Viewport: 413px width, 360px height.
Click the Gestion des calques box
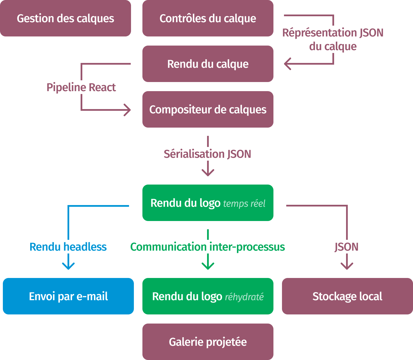(65, 18)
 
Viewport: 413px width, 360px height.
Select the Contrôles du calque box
(208, 18)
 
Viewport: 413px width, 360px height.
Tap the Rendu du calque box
(208, 64)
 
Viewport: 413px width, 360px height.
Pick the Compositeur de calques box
(208, 109)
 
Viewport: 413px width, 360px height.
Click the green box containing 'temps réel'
(208, 203)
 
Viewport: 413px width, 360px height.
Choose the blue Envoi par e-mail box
(68, 296)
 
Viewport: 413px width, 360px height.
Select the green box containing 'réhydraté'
(208, 296)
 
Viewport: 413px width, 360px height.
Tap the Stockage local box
(347, 296)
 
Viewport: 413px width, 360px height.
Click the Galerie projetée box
(208, 342)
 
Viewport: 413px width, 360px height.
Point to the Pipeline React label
(81, 87)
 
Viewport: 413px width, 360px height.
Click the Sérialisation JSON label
(208, 154)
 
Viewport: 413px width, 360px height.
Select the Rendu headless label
(68, 247)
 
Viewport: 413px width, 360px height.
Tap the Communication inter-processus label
(208, 247)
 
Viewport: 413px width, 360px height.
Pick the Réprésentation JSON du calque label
(333, 39)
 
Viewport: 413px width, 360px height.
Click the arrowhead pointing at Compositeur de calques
(128, 110)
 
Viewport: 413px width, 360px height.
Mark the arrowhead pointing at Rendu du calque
(287, 64)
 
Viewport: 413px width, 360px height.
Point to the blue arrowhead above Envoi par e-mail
(68, 267)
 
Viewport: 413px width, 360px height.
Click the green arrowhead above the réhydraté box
(208, 267)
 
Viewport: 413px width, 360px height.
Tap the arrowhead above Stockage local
(347, 267)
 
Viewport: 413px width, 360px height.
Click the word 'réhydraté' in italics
(244, 297)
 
